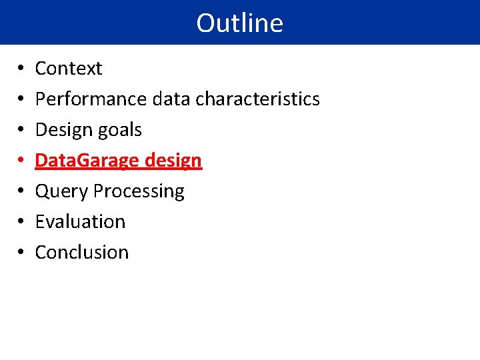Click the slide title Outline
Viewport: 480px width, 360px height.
pos(239,23)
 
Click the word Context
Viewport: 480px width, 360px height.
pos(69,68)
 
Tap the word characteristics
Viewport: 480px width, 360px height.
pos(257,99)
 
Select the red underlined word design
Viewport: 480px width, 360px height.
pos(176,161)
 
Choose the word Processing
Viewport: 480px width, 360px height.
pos(139,191)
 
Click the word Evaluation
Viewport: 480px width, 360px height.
pos(80,221)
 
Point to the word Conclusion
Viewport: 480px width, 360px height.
pos(81,252)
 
